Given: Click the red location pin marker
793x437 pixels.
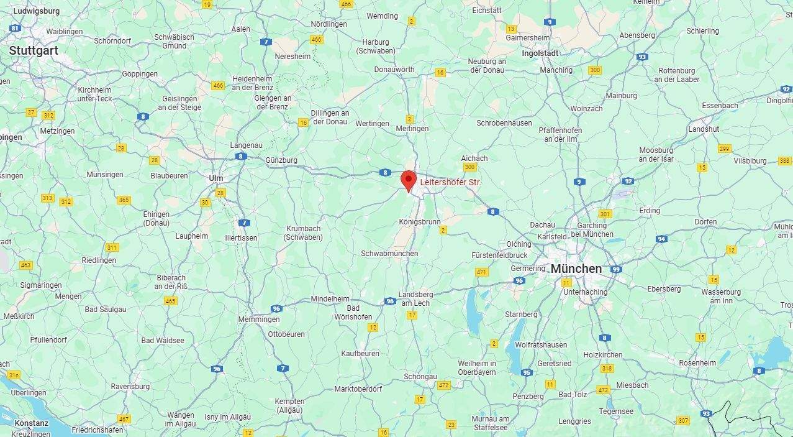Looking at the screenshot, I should (x=408, y=180).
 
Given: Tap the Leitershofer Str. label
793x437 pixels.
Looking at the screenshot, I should (x=450, y=182).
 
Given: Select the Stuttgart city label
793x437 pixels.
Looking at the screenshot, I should (x=34, y=51).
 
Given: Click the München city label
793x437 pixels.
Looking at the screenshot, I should (x=576, y=269).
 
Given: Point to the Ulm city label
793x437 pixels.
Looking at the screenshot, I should (x=215, y=178).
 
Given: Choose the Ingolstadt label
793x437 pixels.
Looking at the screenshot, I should (x=540, y=53).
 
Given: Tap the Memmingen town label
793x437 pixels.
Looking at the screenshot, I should (x=259, y=320).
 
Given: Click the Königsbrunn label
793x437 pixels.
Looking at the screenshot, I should (x=419, y=221).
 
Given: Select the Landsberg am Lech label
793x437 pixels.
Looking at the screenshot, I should (x=415, y=298).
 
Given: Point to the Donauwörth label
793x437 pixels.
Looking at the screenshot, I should (x=394, y=70).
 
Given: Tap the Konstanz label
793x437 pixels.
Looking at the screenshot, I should (x=31, y=423).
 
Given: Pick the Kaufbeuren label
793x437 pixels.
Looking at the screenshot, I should (x=360, y=353).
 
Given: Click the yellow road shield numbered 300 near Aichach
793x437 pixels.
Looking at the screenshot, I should (x=469, y=167).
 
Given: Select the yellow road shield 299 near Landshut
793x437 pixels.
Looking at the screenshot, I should (x=724, y=149).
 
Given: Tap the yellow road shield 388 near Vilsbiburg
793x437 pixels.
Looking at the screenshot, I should (x=784, y=161).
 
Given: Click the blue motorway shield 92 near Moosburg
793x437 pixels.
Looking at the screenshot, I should (x=628, y=181).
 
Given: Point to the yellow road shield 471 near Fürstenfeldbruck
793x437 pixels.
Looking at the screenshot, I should (x=481, y=272).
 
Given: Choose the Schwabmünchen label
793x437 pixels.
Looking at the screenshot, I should (x=389, y=254).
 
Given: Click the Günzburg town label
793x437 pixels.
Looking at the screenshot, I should (x=281, y=160).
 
